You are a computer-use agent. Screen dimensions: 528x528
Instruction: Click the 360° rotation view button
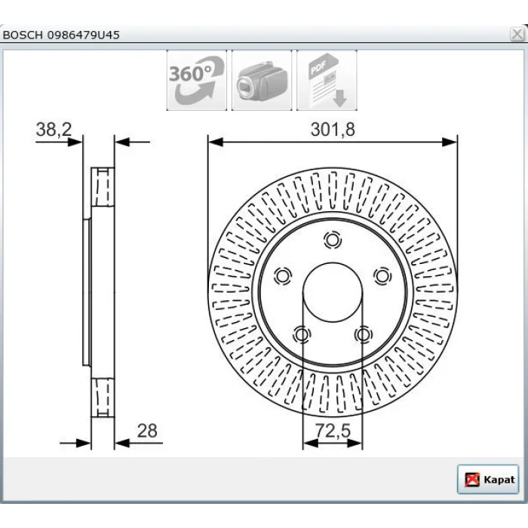tap(197, 80)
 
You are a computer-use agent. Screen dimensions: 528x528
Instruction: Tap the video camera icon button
tap(262, 80)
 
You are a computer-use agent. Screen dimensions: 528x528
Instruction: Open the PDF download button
tap(327, 80)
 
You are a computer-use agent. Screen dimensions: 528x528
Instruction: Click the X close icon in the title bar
tap(517, 35)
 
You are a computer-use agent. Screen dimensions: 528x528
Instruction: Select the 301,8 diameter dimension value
tap(333, 130)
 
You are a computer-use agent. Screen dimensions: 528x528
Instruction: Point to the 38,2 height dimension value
tap(54, 130)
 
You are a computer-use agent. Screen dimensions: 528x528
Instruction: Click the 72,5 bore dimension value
tap(333, 431)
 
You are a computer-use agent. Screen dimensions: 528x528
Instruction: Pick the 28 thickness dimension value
tap(147, 431)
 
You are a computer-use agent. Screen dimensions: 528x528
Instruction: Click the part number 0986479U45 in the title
tap(83, 35)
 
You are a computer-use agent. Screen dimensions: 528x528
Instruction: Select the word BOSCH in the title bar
tap(23, 35)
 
